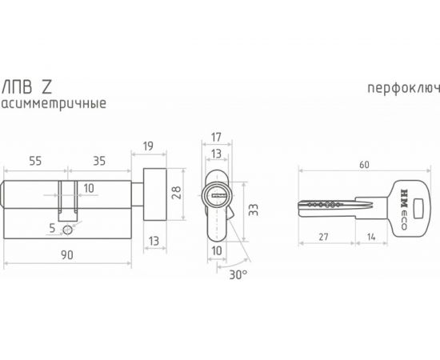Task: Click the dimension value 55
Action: (x=36, y=161)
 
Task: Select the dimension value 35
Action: (x=99, y=161)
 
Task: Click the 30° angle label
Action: (x=238, y=274)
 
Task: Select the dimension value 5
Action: (x=53, y=228)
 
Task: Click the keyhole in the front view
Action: (x=216, y=194)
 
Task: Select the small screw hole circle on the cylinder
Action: (x=67, y=230)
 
